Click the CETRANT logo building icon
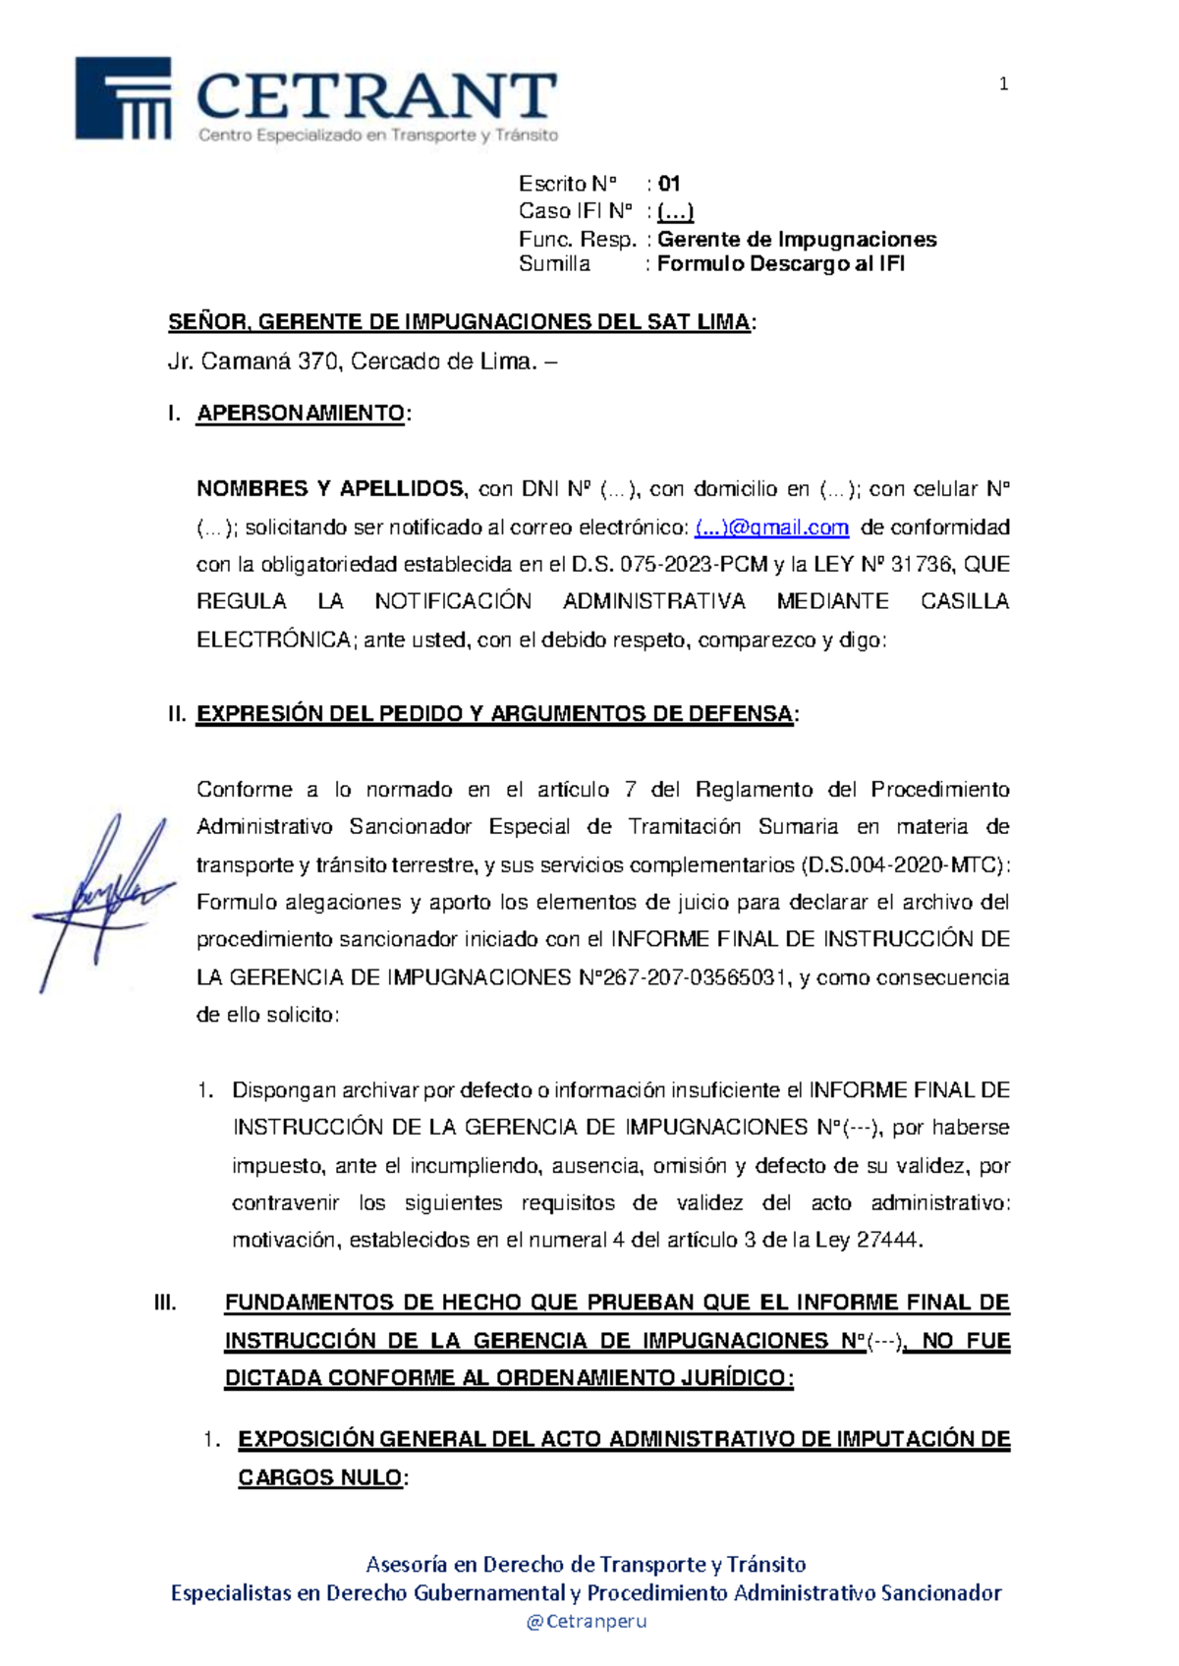pyautogui.click(x=124, y=98)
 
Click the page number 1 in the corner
pyautogui.click(x=1003, y=84)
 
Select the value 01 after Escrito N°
pyautogui.click(x=669, y=184)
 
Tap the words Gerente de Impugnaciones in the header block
pyautogui.click(x=797, y=240)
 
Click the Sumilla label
pyautogui.click(x=554, y=264)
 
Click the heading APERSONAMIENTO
pyautogui.click(x=301, y=414)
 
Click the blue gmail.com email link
pyautogui.click(x=771, y=528)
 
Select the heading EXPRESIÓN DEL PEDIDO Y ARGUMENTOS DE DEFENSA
pyautogui.click(x=494, y=714)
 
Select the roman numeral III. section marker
pyautogui.click(x=165, y=1304)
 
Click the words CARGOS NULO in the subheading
pyautogui.click(x=319, y=1477)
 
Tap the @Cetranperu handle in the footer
pyautogui.click(x=587, y=1622)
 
